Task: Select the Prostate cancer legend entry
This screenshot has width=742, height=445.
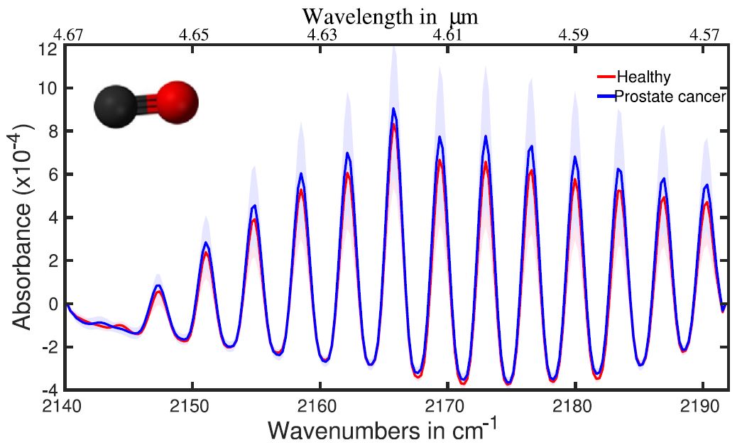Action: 670,97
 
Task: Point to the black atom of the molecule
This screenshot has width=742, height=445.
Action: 116,108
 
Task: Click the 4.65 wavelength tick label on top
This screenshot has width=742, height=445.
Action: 194,35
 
